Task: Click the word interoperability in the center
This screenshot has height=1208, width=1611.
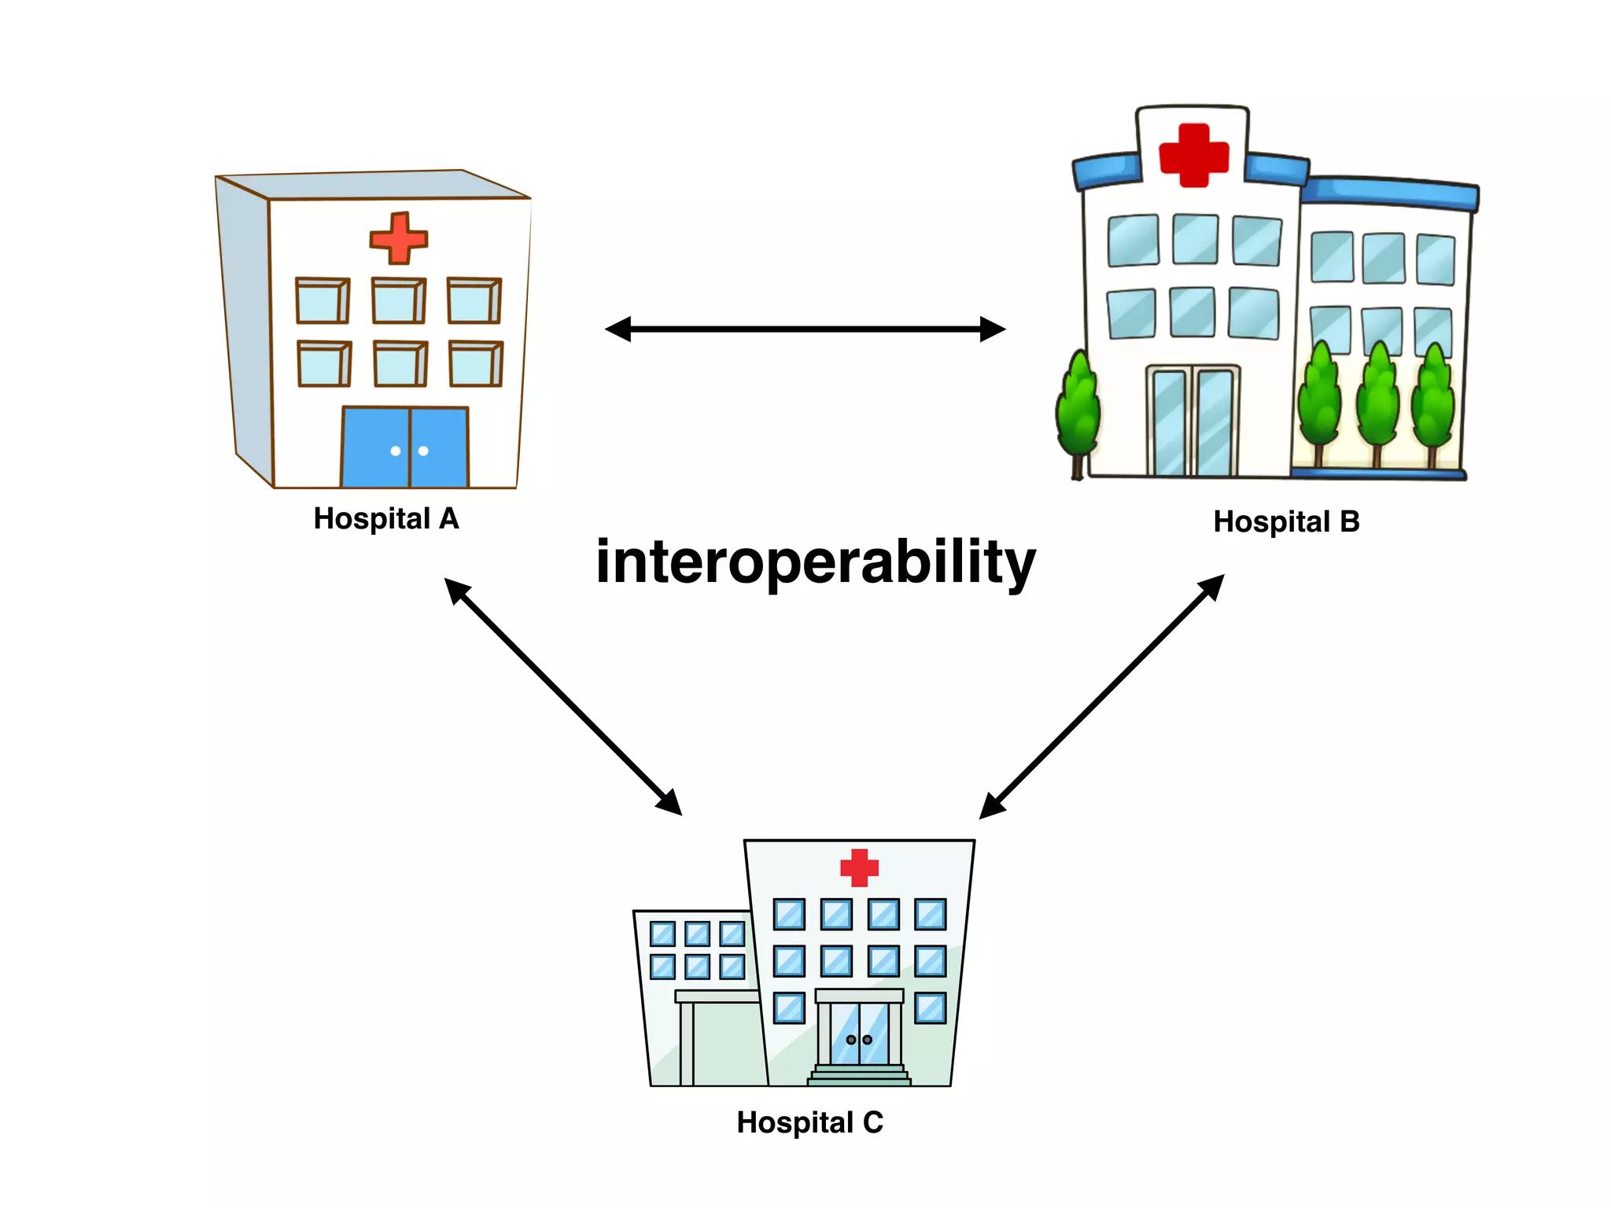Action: tap(816, 562)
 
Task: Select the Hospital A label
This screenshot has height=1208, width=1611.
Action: tap(385, 519)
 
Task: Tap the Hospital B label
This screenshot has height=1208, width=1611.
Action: tap(1286, 521)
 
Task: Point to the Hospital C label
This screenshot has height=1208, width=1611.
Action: tap(809, 1122)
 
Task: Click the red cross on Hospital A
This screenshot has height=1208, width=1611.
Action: tap(399, 238)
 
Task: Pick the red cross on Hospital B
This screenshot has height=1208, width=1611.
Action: tap(1193, 155)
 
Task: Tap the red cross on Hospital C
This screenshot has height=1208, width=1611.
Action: tap(859, 867)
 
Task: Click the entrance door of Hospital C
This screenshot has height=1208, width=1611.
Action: tap(859, 1034)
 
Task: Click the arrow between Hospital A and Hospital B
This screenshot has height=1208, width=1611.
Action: tap(805, 329)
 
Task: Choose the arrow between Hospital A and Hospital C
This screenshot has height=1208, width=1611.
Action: tap(562, 696)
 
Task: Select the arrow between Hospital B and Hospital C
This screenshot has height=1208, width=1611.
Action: tap(1101, 696)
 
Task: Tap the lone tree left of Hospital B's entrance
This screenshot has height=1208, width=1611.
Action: tap(1078, 409)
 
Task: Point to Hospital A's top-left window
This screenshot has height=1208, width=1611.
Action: tap(323, 300)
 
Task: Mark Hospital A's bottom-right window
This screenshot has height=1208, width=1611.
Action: tap(476, 364)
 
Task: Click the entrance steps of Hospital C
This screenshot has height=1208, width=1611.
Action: tap(859, 1075)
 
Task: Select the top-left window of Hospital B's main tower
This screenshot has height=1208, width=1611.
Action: tap(1133, 240)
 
